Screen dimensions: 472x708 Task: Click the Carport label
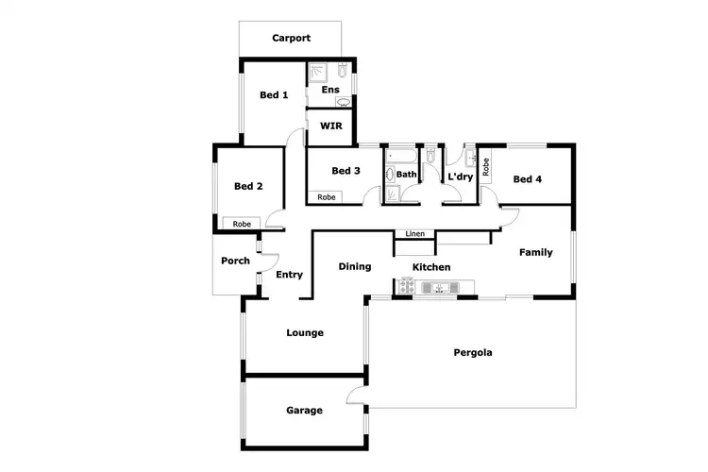[292, 39]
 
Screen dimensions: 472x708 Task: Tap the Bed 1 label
[274, 94]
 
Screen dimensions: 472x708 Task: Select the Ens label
[329, 90]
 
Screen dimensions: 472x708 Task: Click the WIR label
[330, 126]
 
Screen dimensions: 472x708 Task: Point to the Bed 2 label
[247, 186]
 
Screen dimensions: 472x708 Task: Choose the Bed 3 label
[346, 171]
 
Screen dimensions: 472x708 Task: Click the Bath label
[406, 175]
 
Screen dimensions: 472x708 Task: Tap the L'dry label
[460, 177]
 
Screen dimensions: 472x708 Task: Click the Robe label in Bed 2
[243, 224]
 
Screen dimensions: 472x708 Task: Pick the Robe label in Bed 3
[326, 197]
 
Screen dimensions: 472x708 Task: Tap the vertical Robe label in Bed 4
[486, 167]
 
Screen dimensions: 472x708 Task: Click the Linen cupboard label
[414, 234]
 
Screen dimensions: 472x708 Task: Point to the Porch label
[235, 261]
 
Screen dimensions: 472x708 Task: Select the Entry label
[290, 275]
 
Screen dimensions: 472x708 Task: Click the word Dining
[355, 267]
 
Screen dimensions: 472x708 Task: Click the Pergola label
[472, 352]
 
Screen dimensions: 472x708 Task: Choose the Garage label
[304, 411]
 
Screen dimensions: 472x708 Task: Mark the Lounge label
[305, 332]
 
